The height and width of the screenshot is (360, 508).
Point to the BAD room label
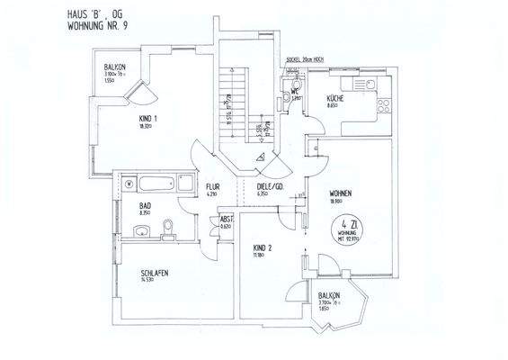pos(144,206)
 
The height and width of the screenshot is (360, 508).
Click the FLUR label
pos(213,187)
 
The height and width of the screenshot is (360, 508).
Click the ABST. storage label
pos(227,219)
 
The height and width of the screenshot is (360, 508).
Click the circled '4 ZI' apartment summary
pos(348,235)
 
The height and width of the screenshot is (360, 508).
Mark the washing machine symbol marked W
pos(129,184)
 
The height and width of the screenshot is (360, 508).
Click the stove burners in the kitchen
pos(382,104)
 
